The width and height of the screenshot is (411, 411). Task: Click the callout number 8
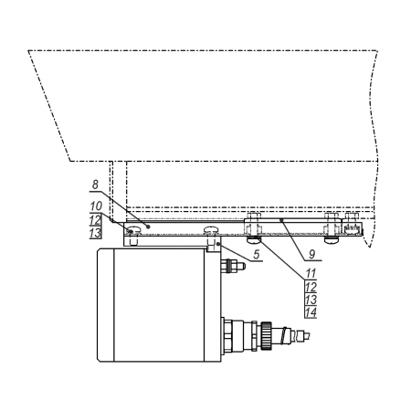pos(96,184)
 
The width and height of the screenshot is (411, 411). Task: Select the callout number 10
pos(96,206)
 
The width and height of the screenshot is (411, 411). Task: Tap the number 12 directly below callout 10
pos(96,220)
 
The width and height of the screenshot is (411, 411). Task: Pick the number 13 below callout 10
pos(96,233)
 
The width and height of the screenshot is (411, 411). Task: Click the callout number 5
pos(257,254)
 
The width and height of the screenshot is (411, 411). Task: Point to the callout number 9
pos(312,254)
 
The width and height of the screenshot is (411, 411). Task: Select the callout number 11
pos(311,273)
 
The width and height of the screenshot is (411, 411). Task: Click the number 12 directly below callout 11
pos(311,287)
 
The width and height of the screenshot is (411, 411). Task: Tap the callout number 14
pos(311,312)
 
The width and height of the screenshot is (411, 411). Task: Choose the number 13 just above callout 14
pos(311,300)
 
